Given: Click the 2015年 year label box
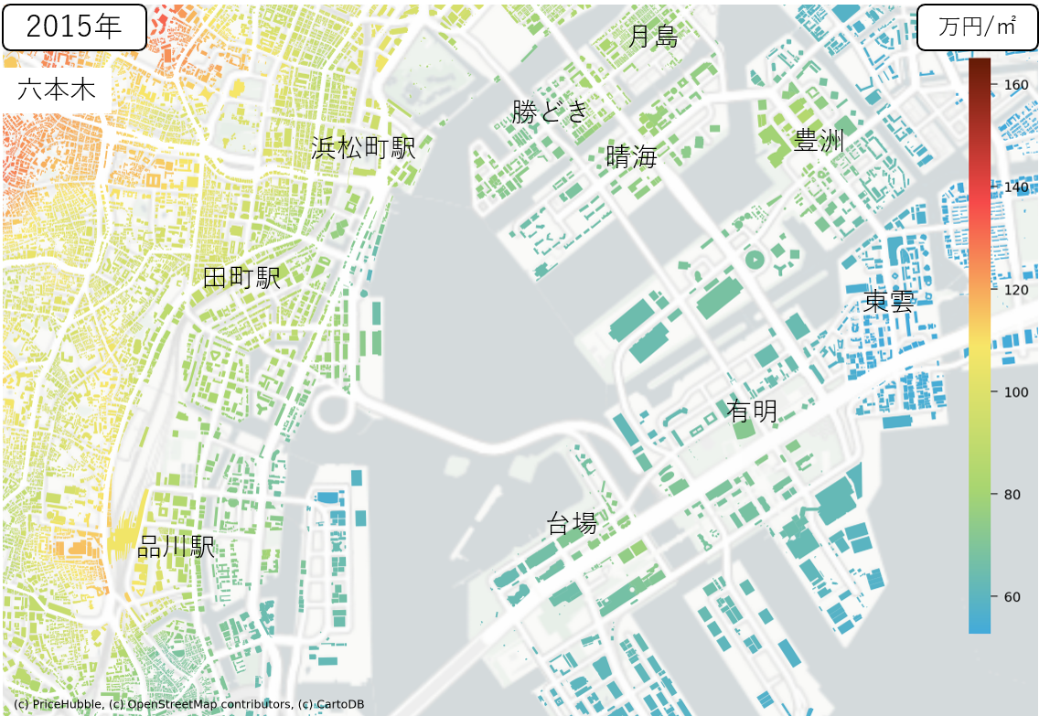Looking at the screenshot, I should pos(74,27).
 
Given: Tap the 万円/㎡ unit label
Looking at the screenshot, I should pos(978,27).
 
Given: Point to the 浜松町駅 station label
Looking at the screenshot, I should pos(363,147).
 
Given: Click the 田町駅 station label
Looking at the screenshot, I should pos(241,278).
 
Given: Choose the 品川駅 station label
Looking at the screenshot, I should pos(176,547).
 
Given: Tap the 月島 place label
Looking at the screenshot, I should pos(653,37).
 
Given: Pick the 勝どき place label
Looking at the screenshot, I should pos(550,112).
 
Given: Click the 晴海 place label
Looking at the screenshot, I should pos(632,156).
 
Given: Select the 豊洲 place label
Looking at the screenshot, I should pos(819,141).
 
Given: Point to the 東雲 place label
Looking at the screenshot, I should pos(889,302).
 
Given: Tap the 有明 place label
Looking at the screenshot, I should pos(752,411).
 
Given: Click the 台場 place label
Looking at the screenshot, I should pos(572,524).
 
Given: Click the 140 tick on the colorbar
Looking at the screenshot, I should pos(1016,187).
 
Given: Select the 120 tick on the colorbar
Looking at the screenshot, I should pos(1016,290).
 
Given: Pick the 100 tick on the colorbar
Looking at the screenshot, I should pos(1016,392).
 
